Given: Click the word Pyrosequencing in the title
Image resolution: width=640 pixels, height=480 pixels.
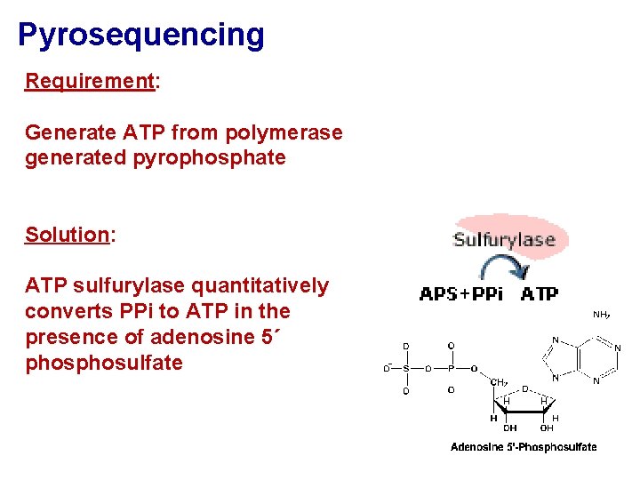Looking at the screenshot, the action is coord(141,35).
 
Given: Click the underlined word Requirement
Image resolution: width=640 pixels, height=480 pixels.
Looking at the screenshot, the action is coord(90,81).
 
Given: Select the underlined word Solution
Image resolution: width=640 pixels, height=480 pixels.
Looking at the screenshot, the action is coord(67,235).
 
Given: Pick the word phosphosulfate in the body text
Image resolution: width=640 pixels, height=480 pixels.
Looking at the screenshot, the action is coord(104,363).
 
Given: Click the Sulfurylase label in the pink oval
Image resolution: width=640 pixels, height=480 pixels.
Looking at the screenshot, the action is coord(504,239).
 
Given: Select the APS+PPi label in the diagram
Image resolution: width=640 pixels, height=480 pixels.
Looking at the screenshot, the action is coord(460,294).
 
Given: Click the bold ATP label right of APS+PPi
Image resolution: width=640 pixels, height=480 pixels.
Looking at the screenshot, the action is coord(540,294).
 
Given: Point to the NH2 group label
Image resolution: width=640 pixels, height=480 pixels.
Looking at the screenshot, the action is coord(601,315).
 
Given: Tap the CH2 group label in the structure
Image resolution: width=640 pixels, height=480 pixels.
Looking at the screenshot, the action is coord(499,382).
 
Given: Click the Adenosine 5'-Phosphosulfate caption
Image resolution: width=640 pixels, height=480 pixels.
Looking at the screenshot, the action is coord(524,447).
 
